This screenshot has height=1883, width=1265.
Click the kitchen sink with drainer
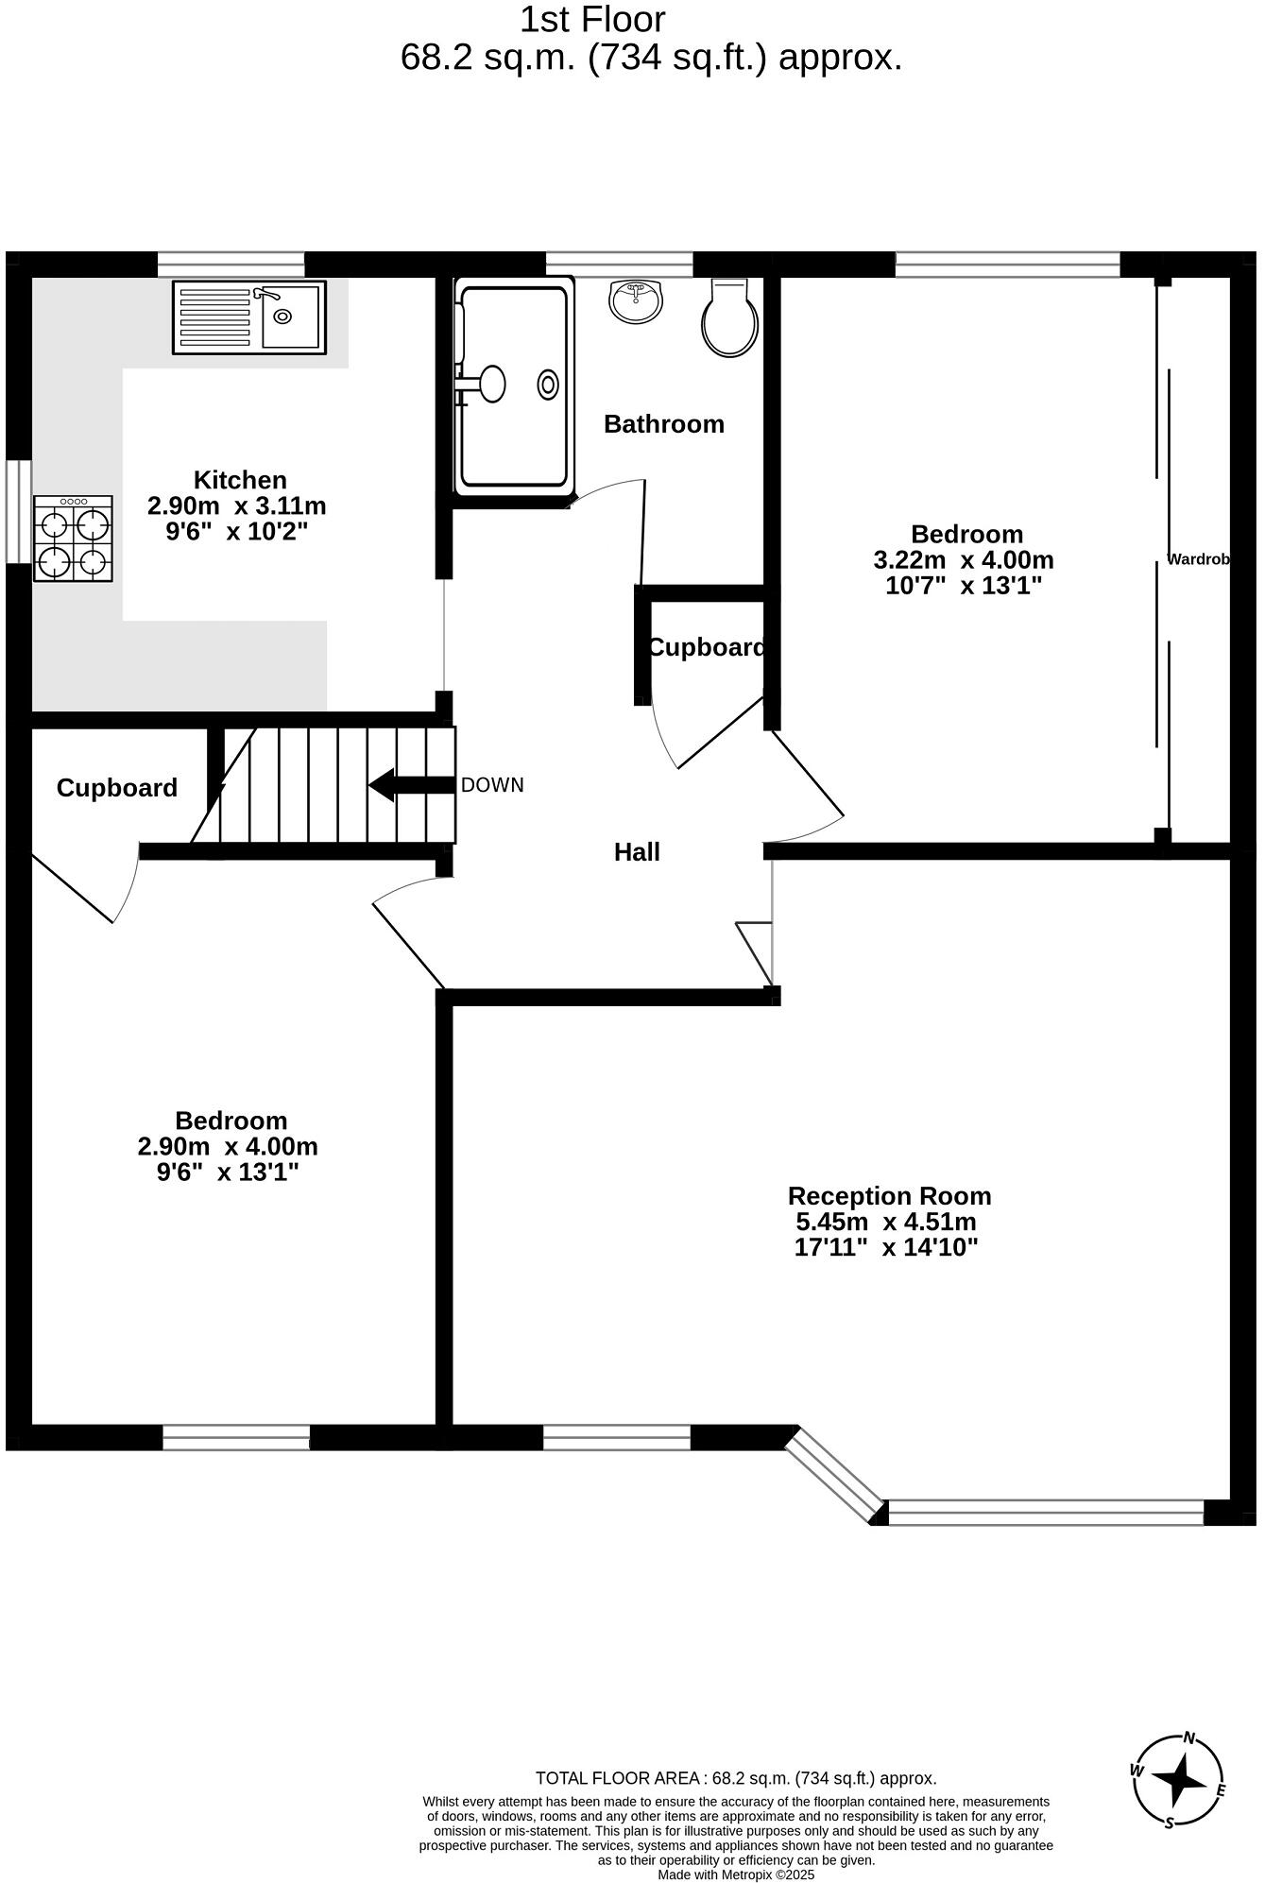248,317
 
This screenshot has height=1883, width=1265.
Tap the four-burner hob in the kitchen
73,539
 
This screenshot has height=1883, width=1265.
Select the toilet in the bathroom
729,319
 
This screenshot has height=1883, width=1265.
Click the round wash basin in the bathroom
636,300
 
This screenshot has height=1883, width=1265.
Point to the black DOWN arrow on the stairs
410,784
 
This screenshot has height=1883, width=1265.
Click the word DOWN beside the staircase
492,785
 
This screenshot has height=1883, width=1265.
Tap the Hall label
637,852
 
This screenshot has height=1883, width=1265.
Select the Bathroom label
663,424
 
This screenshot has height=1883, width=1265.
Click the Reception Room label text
889,1196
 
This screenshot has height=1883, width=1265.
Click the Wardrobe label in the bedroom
1198,559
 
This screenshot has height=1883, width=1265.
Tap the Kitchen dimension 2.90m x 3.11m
236,505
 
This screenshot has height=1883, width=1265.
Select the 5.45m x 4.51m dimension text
886,1222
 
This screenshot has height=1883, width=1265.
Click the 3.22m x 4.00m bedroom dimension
964,560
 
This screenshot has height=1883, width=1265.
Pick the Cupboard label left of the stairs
117,788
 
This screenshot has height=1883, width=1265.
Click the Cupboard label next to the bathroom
706,648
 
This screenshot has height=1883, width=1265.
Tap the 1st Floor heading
592,20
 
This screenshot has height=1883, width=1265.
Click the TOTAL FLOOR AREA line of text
736,1778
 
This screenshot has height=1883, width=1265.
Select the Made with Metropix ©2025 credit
736,1874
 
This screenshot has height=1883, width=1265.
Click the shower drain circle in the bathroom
548,385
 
